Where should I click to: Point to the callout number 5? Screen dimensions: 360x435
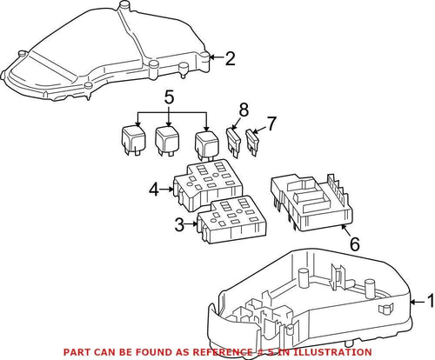coord(168,98)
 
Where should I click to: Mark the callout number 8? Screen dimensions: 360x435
coord(244,110)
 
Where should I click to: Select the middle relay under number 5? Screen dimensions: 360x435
coord(167,139)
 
